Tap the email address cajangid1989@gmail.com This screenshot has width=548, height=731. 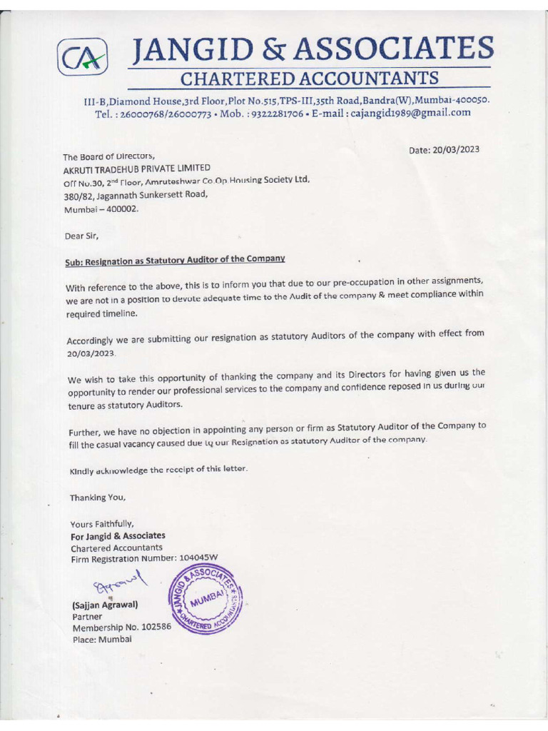[x=410, y=112]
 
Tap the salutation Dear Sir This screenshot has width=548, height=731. [x=81, y=235]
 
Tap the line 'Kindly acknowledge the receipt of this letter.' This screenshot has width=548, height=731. [x=158, y=470]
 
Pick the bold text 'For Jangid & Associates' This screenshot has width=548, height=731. [x=117, y=535]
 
